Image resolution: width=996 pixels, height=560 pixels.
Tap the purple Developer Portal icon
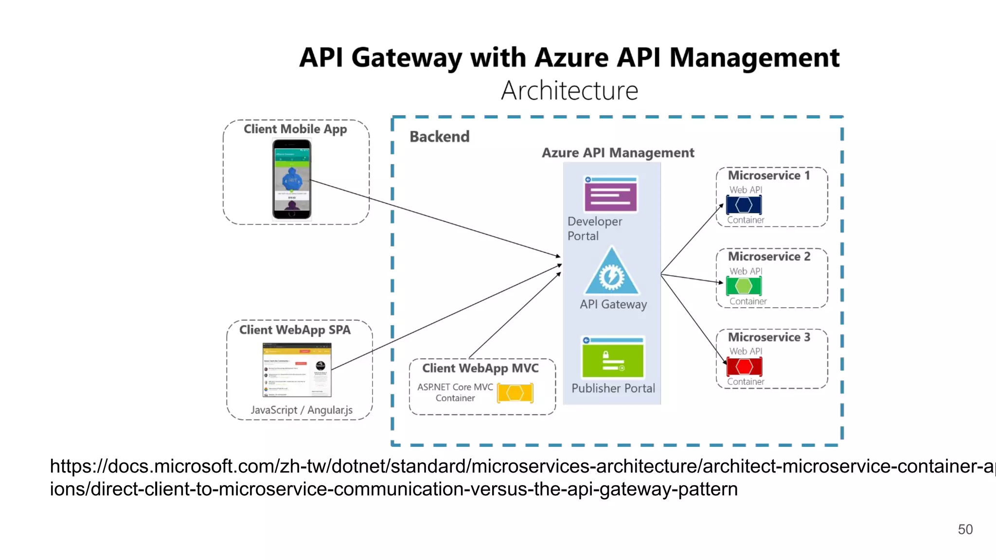[x=611, y=194]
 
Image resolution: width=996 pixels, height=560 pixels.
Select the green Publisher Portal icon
[x=613, y=358]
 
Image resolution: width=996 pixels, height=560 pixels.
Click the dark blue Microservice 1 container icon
[x=744, y=205]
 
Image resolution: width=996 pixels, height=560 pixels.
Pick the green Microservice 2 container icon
[x=744, y=286]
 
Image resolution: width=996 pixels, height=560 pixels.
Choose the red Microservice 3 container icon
[x=744, y=367]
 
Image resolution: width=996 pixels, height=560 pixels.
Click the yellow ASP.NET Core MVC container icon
[x=515, y=393]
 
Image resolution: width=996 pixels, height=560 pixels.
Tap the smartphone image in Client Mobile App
[x=291, y=179]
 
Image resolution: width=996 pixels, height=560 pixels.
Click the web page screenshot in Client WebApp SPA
[x=297, y=370]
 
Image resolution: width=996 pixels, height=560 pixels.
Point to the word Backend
[x=439, y=137]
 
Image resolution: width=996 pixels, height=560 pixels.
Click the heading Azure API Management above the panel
[x=618, y=153]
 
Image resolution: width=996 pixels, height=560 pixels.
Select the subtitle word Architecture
[x=569, y=91]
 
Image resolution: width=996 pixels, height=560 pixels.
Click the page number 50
[x=965, y=529]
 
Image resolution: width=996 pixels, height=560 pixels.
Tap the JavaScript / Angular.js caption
[x=302, y=410]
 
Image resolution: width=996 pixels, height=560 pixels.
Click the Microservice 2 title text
[x=769, y=256]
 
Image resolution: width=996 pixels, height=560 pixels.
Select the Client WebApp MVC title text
[x=480, y=368]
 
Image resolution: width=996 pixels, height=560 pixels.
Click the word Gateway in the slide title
[x=407, y=58]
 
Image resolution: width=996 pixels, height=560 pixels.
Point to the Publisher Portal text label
[x=613, y=388]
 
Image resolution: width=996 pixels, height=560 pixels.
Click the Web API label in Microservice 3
[x=746, y=351]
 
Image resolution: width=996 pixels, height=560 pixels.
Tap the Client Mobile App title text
[x=295, y=129]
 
